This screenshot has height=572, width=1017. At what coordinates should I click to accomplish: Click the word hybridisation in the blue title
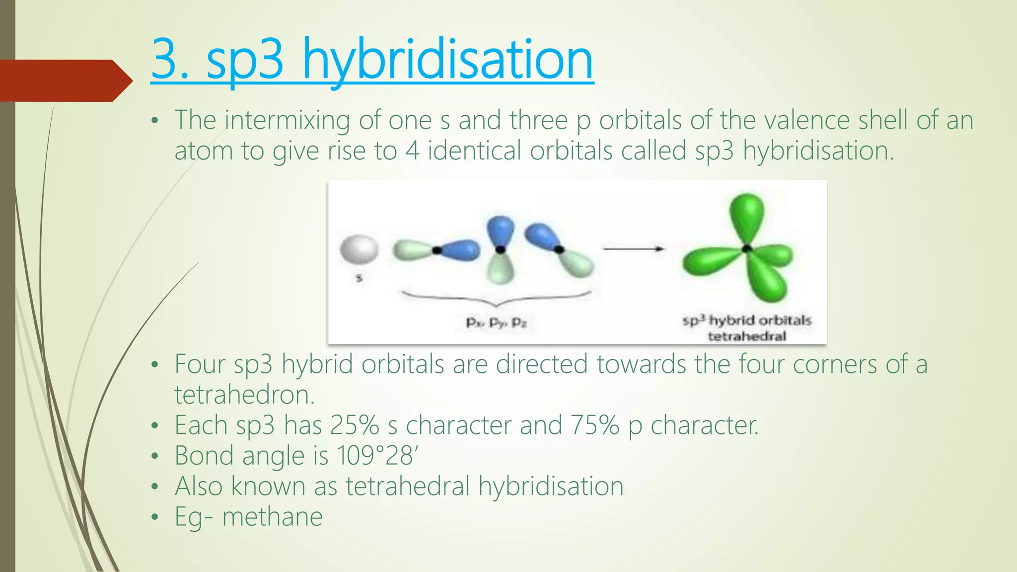coord(447,61)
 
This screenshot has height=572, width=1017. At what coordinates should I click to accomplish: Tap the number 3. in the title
coord(170,61)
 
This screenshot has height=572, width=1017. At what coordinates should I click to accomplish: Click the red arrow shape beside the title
coord(65,80)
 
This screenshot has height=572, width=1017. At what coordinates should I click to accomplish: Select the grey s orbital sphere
coord(359,250)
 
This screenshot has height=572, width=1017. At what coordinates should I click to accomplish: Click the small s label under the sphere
coord(359,279)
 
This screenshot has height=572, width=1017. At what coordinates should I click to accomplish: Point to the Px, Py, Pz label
coord(496,323)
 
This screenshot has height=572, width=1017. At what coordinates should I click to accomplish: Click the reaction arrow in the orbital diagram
coord(633,249)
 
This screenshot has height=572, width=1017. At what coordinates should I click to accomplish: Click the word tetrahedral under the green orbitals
coord(747,337)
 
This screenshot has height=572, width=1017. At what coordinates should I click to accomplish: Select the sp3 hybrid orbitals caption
coord(747,320)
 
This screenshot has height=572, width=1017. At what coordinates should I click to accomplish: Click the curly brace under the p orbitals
coord(497,298)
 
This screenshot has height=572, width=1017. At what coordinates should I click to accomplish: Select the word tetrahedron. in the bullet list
coord(245,395)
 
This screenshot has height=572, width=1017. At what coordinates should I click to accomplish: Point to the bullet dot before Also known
coord(155,487)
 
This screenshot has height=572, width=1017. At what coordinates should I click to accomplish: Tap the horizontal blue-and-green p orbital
coord(436,250)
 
